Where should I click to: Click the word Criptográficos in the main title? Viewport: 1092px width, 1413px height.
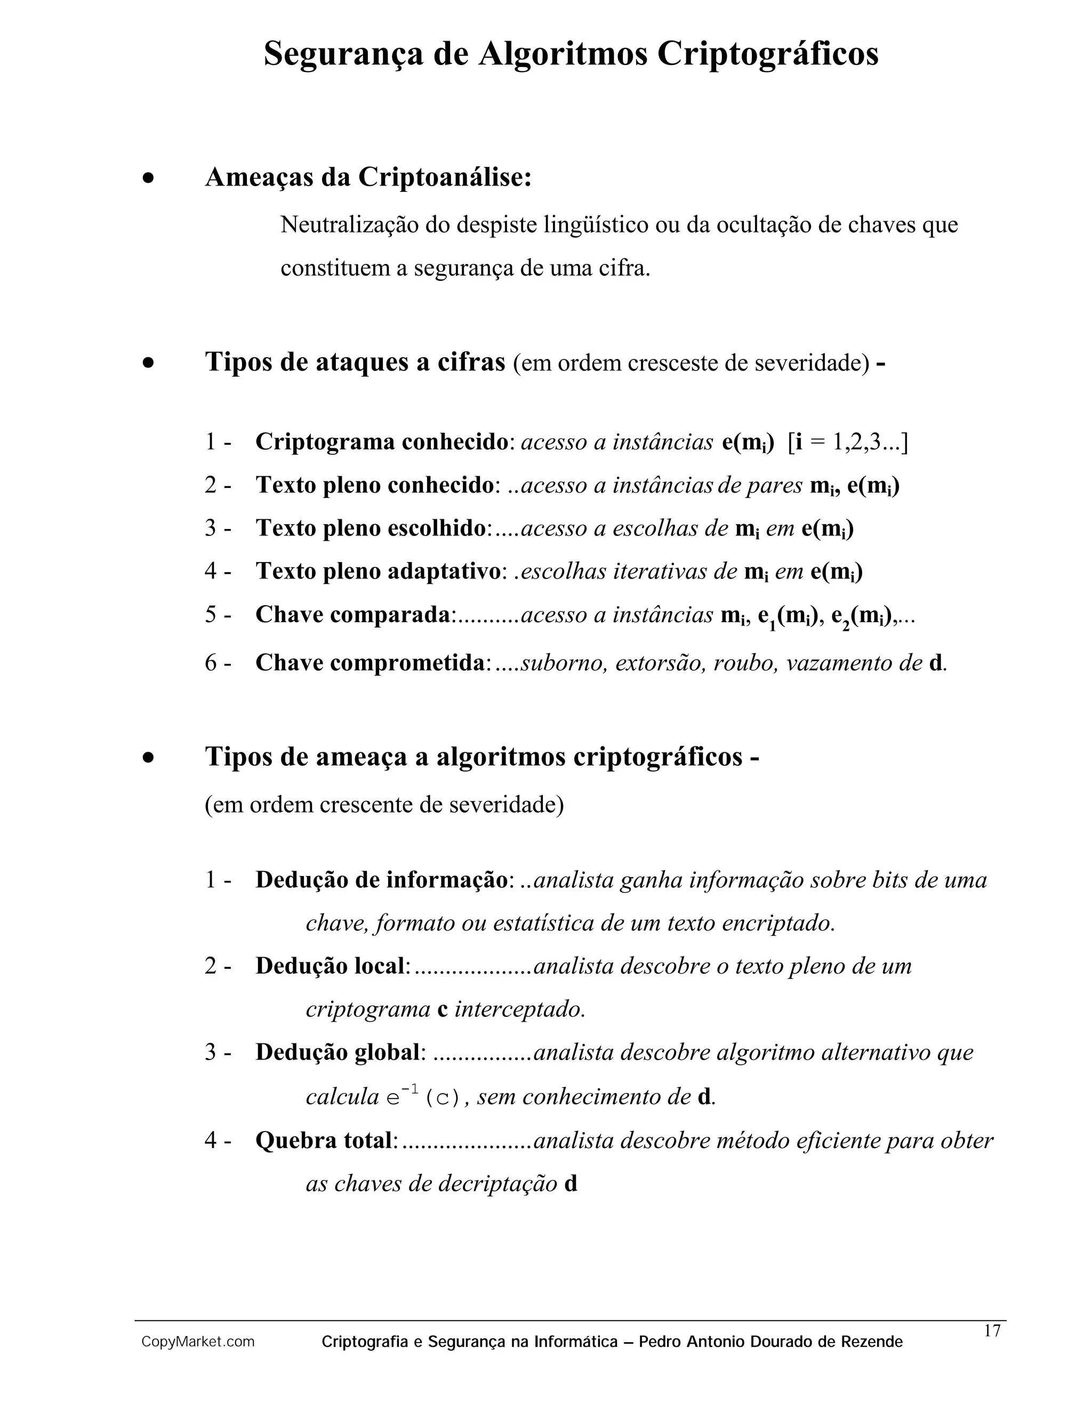pyautogui.click(x=768, y=54)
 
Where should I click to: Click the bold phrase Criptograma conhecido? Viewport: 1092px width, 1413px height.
pyautogui.click(x=382, y=442)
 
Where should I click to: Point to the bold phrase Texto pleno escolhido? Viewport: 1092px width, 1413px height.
pyautogui.click(x=371, y=528)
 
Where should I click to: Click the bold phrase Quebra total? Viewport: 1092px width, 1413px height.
pyautogui.click(x=324, y=1140)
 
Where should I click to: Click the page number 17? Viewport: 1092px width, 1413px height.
pyautogui.click(x=992, y=1331)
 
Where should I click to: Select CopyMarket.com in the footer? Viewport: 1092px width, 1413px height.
pyautogui.click(x=198, y=1342)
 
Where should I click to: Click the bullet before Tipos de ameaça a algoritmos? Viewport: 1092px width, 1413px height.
pyautogui.click(x=149, y=758)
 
